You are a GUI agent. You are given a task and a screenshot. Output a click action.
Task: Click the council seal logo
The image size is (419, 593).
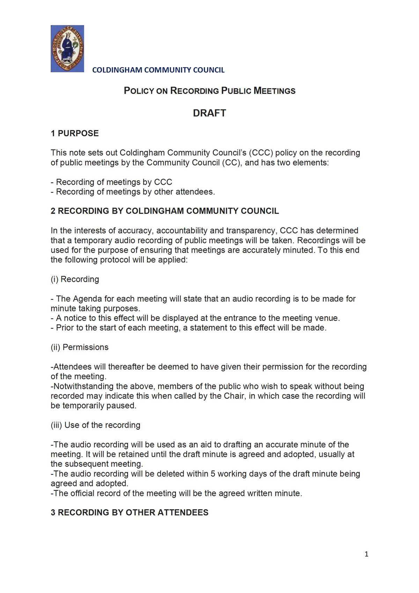click(67, 49)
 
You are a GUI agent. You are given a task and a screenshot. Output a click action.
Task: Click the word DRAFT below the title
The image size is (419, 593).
click(209, 113)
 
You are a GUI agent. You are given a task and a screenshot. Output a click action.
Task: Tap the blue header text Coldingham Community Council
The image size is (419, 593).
click(158, 70)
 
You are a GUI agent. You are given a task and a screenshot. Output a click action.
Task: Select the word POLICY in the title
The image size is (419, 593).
click(139, 91)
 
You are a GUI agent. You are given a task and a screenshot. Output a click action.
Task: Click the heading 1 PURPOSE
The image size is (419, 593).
click(75, 133)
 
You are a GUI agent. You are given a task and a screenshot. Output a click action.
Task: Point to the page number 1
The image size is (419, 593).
click(366, 554)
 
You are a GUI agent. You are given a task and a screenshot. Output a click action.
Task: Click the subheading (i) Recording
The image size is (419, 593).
click(75, 279)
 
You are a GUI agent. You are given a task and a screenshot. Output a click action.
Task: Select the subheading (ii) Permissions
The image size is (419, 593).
click(80, 347)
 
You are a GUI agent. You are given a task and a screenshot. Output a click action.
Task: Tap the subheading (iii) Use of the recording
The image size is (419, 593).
click(95, 425)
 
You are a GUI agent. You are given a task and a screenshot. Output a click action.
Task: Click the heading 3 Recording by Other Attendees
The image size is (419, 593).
click(130, 512)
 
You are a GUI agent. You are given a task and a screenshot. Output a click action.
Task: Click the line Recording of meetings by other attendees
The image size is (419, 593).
click(135, 192)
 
